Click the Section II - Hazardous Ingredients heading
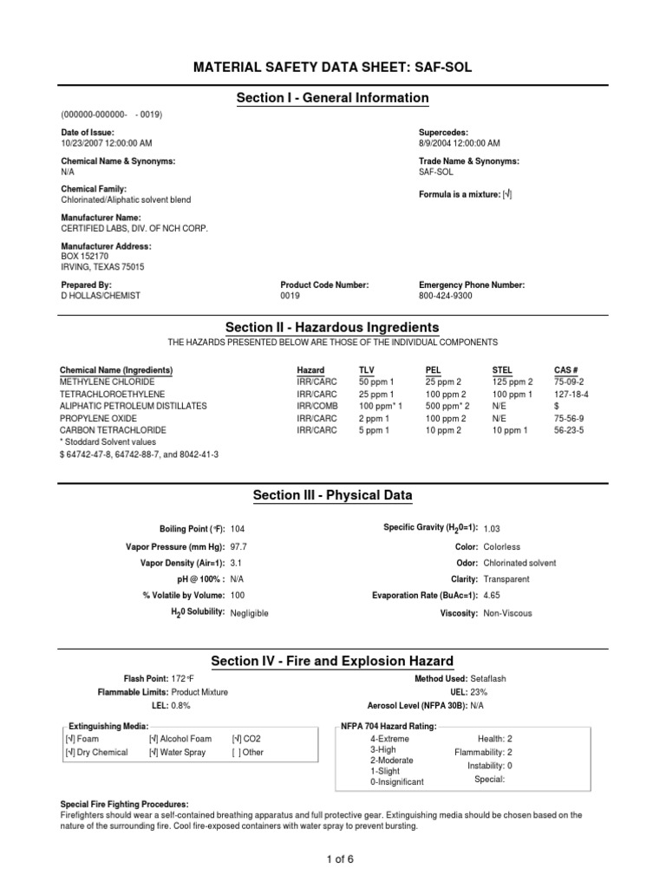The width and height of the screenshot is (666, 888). coord(332,327)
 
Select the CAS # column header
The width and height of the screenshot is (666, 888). coord(565,369)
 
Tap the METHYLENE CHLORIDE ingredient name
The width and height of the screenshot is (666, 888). coord(107,381)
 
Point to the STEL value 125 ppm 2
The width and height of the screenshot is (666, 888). coord(512,381)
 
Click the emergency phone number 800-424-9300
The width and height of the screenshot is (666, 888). coord(446,296)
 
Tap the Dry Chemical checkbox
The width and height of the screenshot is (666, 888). coord(69,752)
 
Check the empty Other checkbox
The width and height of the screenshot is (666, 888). coord(237,752)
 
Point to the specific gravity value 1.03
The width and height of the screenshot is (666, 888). coord(492,528)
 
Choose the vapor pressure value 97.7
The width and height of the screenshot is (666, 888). coord(238,547)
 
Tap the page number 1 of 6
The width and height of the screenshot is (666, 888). coord(333,859)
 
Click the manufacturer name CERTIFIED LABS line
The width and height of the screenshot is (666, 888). coord(134,228)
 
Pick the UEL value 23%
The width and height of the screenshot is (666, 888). coord(480,691)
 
